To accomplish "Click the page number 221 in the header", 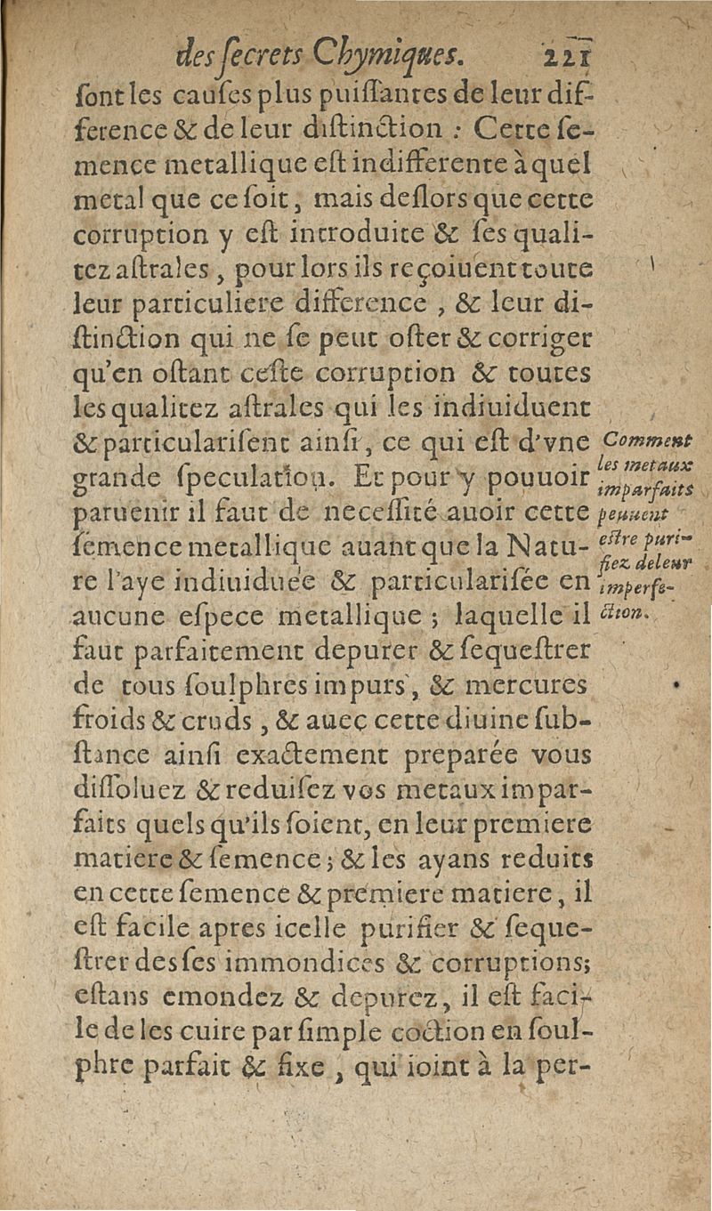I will coord(572,59).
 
